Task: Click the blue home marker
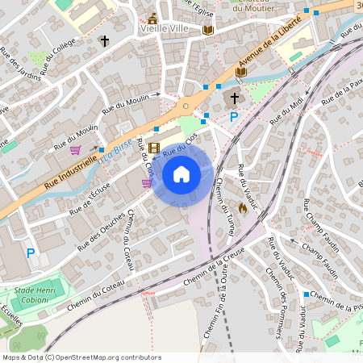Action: (x=181, y=173)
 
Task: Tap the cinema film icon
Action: (x=154, y=148)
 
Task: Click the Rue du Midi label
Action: (x=287, y=110)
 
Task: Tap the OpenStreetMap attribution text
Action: (x=81, y=357)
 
